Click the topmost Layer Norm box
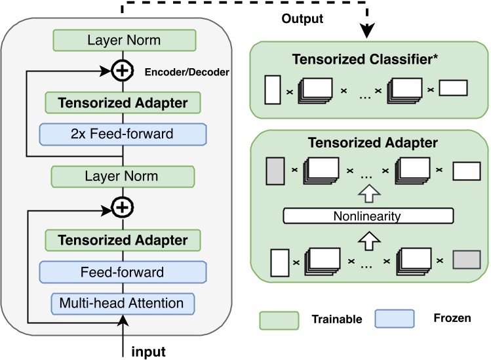click(x=123, y=41)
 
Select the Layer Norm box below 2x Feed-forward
click(x=123, y=176)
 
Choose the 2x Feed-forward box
click(x=123, y=134)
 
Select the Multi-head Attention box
click(x=123, y=302)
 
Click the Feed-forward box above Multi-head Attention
click(x=123, y=271)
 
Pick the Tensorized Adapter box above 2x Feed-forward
click(x=123, y=103)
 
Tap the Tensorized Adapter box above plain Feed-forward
click(x=123, y=240)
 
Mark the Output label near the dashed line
click(x=302, y=19)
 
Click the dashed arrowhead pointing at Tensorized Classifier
click(x=368, y=30)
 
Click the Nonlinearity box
click(x=368, y=216)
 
